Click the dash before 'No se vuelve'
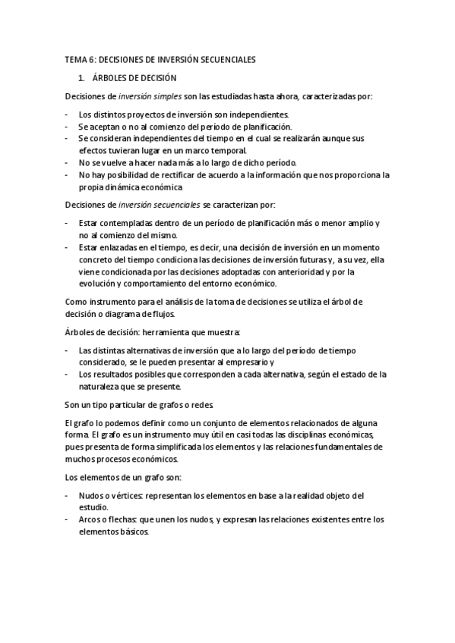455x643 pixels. tap(66, 162)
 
